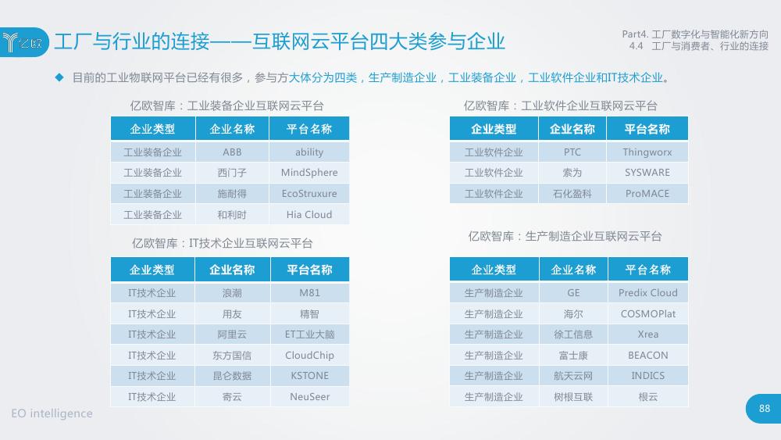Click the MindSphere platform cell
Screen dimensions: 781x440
click(309, 173)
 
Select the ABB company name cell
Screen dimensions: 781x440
click(232, 152)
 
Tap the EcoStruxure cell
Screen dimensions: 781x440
click(309, 193)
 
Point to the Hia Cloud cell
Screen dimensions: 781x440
click(309, 214)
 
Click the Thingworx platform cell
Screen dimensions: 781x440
click(647, 152)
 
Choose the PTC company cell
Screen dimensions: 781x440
click(572, 152)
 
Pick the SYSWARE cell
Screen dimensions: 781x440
click(647, 173)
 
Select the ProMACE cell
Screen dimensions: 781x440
click(647, 193)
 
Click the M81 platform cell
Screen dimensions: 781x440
click(310, 292)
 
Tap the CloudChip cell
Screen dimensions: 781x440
click(310, 356)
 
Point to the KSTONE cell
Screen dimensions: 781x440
click(310, 376)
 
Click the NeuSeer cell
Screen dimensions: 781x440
click(310, 397)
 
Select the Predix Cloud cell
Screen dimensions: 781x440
click(648, 292)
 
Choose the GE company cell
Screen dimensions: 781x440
click(573, 292)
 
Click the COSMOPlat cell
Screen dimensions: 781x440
click(648, 314)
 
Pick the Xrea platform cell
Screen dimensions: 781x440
click(648, 334)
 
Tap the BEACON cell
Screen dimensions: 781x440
click(648, 356)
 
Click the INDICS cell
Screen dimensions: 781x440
click(648, 376)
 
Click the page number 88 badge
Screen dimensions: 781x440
click(764, 409)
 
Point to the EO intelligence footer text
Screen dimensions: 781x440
click(52, 413)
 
